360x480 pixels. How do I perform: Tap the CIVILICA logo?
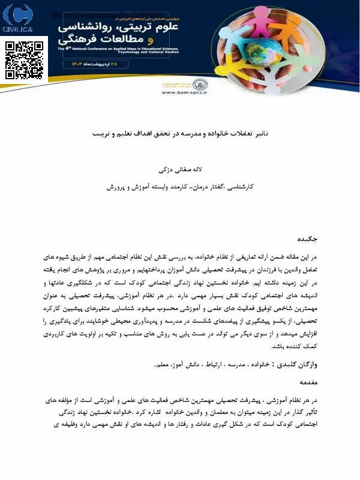tap(18, 20)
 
